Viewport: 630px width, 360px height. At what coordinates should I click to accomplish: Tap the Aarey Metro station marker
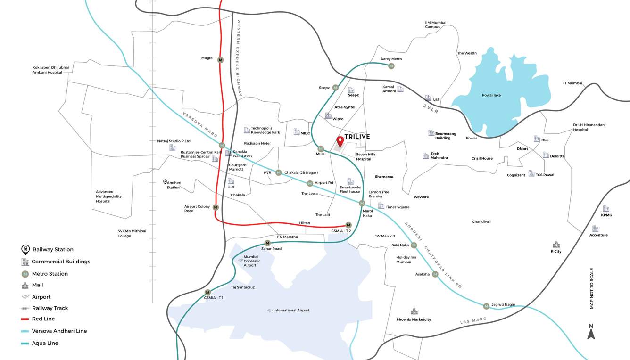coord(391,66)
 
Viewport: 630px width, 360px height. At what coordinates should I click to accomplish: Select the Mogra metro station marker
coord(220,60)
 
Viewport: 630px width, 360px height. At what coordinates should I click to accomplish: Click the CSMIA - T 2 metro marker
coord(348,225)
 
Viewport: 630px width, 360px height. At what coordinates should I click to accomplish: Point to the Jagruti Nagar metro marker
coord(486,306)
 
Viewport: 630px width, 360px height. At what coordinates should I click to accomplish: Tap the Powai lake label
coord(491,95)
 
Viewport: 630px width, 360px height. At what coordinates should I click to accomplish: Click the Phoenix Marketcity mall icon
coord(414,311)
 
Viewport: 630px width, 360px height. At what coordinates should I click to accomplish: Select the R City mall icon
coord(556,245)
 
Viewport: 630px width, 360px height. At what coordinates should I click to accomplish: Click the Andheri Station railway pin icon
coord(165,182)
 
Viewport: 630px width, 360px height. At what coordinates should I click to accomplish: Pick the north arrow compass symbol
coord(591,332)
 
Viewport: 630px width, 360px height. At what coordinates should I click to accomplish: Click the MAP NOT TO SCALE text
coord(592,288)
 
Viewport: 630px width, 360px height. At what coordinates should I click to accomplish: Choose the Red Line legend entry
coord(43,319)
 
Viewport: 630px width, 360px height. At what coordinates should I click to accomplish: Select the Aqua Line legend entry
coord(45,343)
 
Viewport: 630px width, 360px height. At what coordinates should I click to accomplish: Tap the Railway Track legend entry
coord(50,308)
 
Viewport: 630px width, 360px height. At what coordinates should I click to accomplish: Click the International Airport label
coord(291,310)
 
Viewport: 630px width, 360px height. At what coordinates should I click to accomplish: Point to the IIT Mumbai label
coord(572,83)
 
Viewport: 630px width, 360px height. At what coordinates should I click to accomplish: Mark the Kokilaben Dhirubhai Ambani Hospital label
coord(50,70)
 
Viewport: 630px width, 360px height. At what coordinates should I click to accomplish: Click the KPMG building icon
coord(606,209)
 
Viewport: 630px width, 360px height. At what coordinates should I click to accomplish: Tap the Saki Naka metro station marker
coord(414,245)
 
